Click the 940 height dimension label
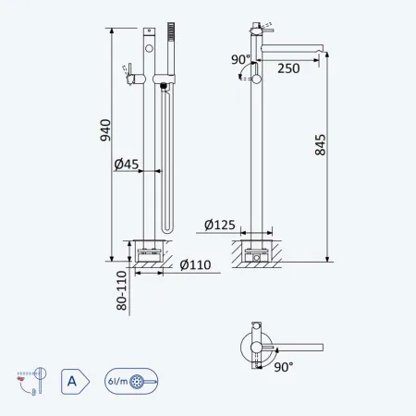pos(105,130)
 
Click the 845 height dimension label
pos(320,144)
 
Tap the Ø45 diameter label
pos(127,165)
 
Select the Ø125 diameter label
pos(220,225)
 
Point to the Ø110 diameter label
pos(195,265)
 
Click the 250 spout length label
pos(288,68)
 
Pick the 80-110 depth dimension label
pos(122,290)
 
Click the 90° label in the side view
pos(240,59)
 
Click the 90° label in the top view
pos(284,367)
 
